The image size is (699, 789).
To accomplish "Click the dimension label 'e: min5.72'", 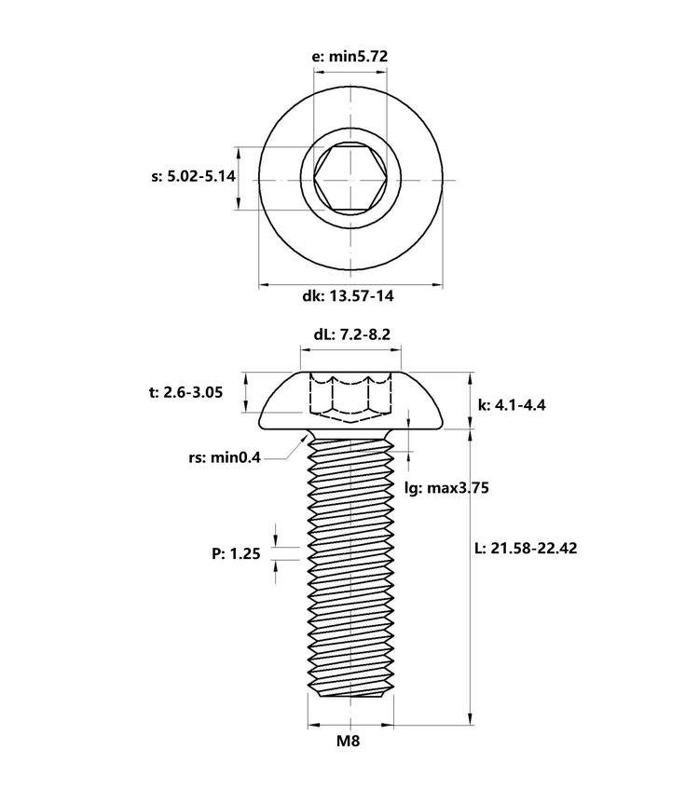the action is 350,56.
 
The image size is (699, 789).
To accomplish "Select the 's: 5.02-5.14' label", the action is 193,177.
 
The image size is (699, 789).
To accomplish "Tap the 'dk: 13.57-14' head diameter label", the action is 348,295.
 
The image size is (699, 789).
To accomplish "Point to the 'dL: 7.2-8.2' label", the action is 352,334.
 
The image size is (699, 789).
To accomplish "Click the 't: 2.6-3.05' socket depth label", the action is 185,392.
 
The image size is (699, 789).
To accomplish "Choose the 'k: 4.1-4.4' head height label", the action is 512,404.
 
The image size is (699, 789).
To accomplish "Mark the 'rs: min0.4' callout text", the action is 225,458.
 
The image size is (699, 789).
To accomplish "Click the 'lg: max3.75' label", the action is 446,488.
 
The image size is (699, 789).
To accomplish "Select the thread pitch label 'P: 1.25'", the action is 236,554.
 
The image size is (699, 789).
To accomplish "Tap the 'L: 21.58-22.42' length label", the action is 527,548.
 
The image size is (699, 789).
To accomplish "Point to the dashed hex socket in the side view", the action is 350,399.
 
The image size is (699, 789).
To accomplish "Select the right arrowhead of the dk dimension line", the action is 436,285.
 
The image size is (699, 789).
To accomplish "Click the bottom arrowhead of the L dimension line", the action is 471,718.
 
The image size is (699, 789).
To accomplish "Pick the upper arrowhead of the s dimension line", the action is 240,154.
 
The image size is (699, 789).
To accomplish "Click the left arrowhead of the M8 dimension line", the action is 314,725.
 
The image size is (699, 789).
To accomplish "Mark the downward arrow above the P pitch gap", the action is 276,540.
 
